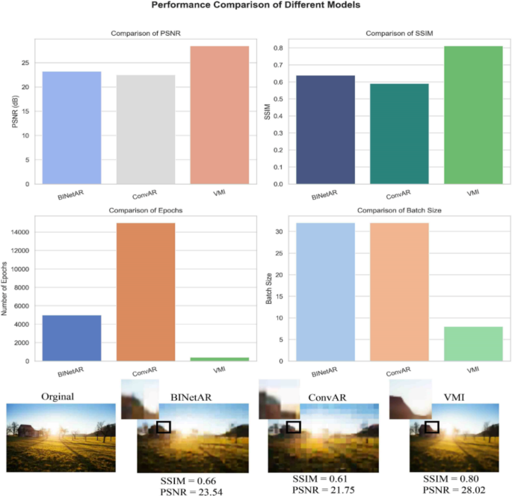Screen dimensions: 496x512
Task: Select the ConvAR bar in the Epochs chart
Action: coord(145,292)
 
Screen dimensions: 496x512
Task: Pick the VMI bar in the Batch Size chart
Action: coord(473,343)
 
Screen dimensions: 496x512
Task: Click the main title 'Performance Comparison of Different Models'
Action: coord(256,5)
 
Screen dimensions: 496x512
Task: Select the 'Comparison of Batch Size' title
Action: coord(399,211)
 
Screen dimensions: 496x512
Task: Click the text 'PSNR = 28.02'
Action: coord(450,491)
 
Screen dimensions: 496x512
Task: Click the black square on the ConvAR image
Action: coord(294,426)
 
